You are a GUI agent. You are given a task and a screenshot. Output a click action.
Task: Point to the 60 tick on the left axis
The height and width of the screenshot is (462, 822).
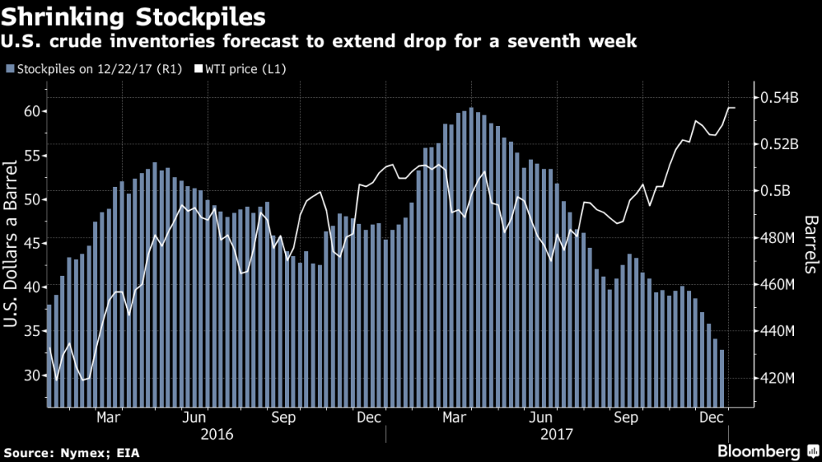[31, 111]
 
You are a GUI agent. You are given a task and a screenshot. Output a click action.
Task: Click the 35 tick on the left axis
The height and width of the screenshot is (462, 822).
[31, 331]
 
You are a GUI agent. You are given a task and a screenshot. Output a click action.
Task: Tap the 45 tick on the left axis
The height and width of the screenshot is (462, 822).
[31, 243]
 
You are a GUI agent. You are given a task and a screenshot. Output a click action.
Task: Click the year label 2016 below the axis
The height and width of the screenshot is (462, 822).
[216, 434]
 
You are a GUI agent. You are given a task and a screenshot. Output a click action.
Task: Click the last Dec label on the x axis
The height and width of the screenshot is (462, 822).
[709, 418]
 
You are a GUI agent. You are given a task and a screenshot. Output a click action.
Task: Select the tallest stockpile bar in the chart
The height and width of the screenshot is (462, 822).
[471, 257]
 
